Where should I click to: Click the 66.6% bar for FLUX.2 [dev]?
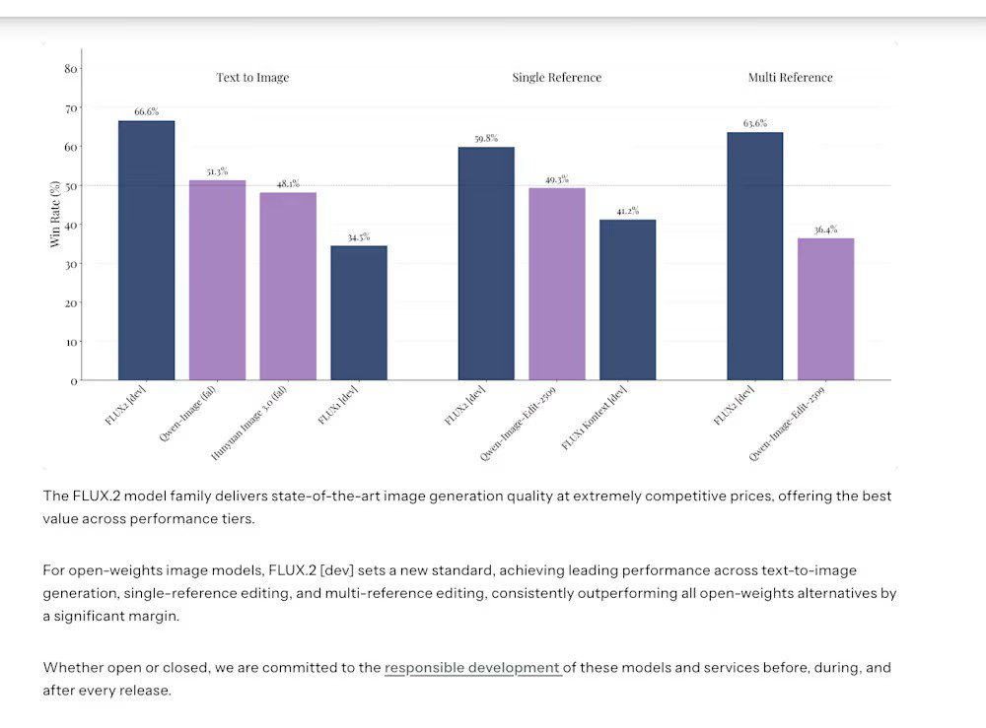[146, 250]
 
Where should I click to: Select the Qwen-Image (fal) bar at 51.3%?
[217, 280]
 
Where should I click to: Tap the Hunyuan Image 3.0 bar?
[288, 286]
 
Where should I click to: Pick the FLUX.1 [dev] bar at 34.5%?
[359, 312]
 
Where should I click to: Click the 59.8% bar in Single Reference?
[486, 263]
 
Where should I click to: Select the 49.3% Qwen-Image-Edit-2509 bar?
[557, 284]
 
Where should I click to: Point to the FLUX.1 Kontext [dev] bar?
[627, 299]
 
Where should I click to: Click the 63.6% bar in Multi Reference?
[755, 256]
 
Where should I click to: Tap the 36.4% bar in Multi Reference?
[826, 308]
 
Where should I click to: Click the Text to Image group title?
[252, 78]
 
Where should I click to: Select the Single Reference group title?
[556, 78]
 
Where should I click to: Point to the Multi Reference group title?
[790, 78]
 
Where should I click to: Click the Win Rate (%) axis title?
[55, 213]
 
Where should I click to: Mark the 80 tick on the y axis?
[70, 69]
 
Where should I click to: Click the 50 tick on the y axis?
[70, 186]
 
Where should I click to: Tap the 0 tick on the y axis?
[73, 380]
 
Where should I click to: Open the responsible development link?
[471, 668]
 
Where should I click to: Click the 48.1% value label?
[288, 183]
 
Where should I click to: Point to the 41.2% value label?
[627, 210]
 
